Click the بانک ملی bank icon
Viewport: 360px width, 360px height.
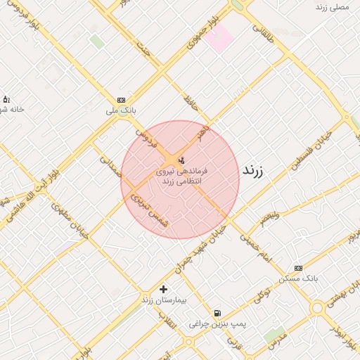122,100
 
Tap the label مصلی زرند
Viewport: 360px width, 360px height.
333,6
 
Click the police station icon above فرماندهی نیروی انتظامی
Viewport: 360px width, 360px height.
182,160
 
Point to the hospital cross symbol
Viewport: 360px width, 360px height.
164,289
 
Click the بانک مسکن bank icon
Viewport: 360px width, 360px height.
298,268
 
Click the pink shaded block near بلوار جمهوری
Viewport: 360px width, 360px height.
219,37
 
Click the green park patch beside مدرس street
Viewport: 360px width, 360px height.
275,334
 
